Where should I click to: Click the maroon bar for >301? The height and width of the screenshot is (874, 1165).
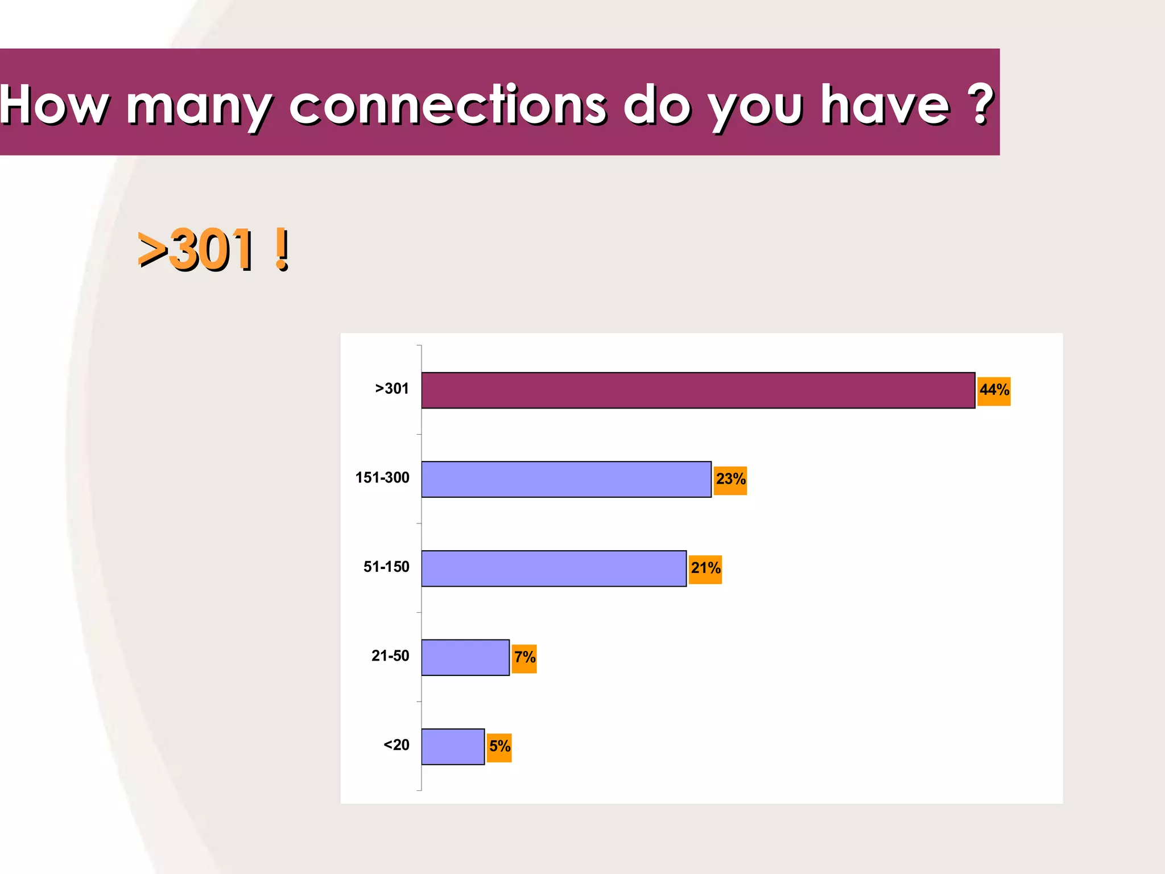[x=698, y=390]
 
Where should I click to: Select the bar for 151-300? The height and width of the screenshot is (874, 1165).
[x=566, y=479]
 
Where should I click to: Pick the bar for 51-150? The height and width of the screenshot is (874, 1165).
[x=553, y=568]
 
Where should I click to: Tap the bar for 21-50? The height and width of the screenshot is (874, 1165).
[x=465, y=657]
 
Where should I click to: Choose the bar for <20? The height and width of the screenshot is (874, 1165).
[x=453, y=747]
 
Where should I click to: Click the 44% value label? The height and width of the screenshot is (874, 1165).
[x=994, y=391]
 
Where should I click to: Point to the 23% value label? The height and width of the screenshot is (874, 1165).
[x=730, y=480]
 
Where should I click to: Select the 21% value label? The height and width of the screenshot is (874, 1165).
[x=705, y=569]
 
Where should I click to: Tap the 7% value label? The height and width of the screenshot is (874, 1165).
[x=524, y=658]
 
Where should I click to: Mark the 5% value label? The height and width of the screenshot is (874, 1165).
[x=499, y=747]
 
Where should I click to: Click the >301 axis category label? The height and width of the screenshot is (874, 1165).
[x=392, y=389]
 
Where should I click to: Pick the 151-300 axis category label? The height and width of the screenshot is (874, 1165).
[x=382, y=478]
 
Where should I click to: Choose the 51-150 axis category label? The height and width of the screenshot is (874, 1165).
[x=386, y=567]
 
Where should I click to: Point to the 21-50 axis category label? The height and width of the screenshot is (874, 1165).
[x=390, y=656]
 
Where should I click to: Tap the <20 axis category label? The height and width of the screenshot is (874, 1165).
[x=396, y=745]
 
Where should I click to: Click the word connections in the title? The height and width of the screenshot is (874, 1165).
[x=448, y=105]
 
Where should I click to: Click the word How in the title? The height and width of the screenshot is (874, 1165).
[x=54, y=105]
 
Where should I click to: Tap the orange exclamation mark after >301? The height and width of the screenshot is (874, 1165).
[x=281, y=249]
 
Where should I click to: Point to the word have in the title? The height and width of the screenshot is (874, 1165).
[x=885, y=105]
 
